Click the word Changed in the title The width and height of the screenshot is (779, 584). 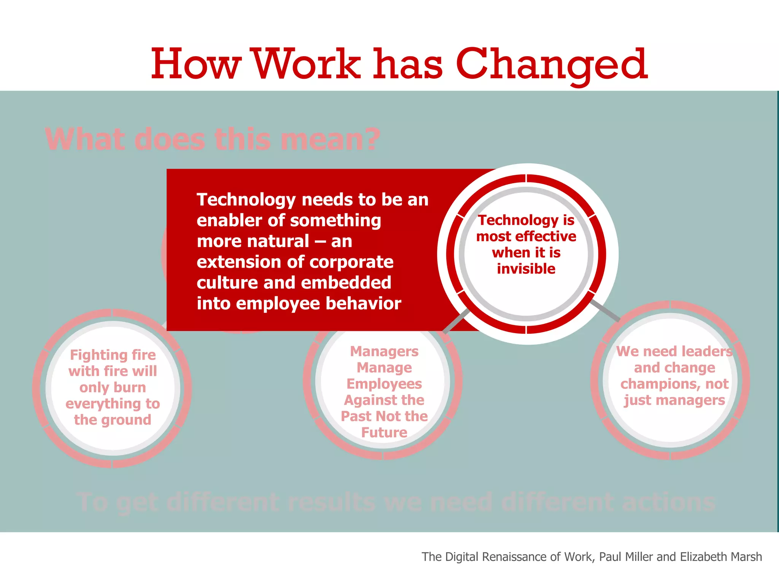[552, 65]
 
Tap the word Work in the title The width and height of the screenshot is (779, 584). [307, 65]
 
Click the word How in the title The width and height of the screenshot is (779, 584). [196, 65]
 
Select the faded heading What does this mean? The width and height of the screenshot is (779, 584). [212, 140]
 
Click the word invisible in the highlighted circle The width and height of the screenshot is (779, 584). [526, 269]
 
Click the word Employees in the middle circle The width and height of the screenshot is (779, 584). [384, 384]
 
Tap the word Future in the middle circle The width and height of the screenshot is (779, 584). [384, 432]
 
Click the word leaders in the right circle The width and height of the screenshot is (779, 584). [708, 351]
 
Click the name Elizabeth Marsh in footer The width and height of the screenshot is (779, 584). [721, 557]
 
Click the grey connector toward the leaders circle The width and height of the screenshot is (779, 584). [606, 310]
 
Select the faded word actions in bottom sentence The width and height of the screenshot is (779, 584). [668, 502]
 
